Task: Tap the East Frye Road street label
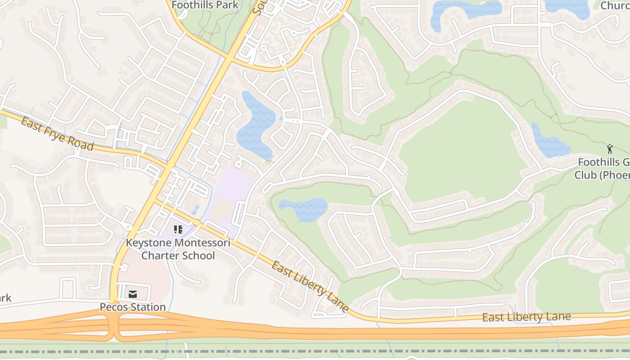57,134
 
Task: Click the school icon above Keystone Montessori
178,229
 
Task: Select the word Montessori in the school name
197,243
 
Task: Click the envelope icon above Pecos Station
133,294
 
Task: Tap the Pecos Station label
133,307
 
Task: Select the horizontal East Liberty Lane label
526,317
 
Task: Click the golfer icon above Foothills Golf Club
610,149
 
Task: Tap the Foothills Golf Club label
603,168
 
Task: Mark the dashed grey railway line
315,351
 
